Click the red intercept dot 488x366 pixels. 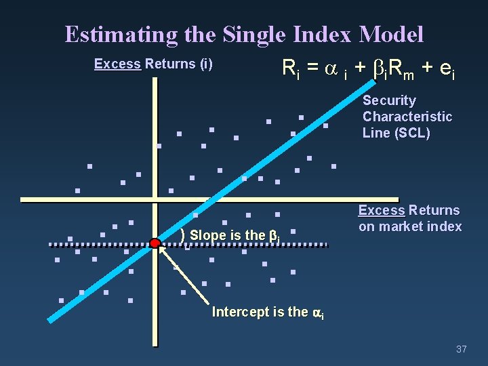tap(155, 243)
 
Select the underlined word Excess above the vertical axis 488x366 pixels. tap(117, 64)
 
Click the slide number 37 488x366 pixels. tap(462, 349)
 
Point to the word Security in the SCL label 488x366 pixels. tap(389, 100)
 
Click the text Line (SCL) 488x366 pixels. tap(396, 133)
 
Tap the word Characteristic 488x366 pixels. tap(407, 117)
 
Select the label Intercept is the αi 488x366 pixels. tap(268, 312)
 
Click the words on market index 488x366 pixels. tap(409, 226)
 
